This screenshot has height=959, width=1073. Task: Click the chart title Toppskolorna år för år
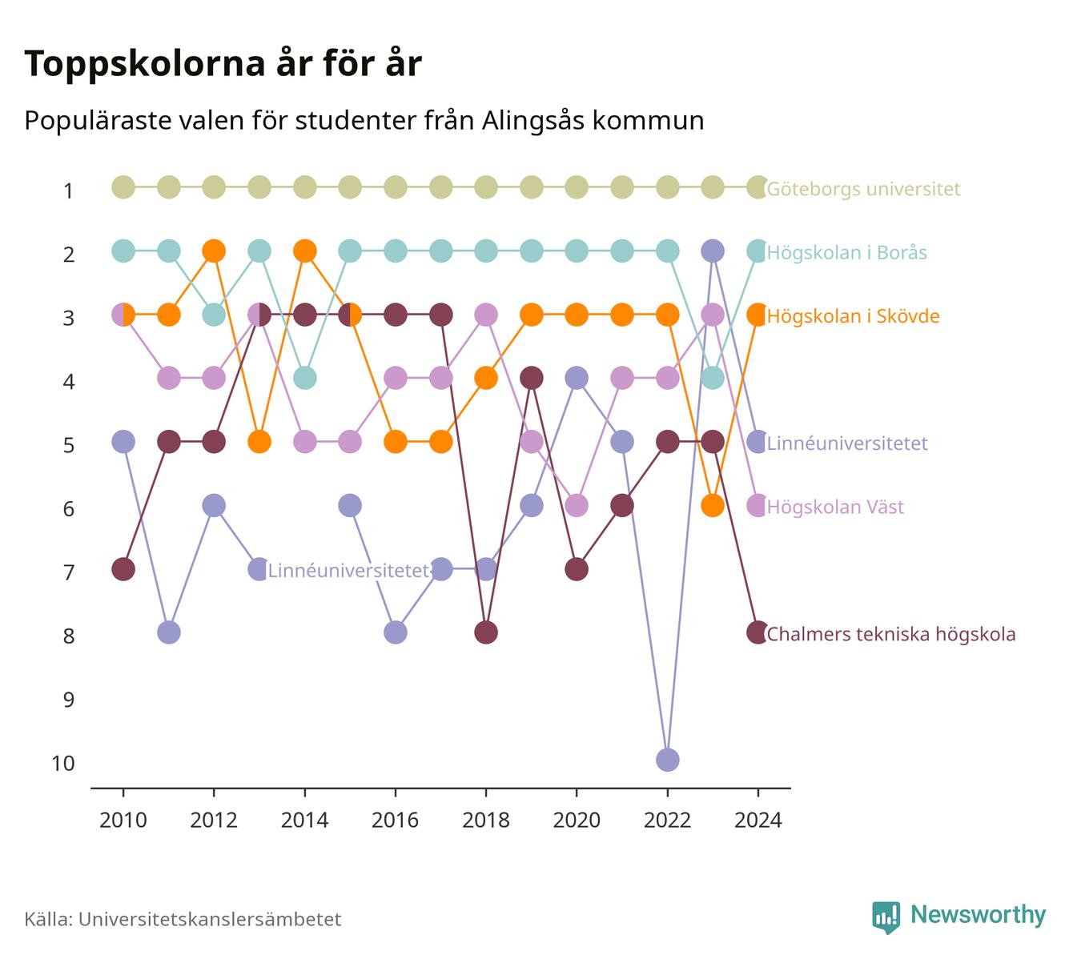pos(223,64)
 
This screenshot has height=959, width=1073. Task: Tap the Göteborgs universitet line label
pos(863,189)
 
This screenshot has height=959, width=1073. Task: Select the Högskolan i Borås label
pos(847,253)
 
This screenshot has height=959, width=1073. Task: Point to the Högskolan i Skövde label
pos(854,316)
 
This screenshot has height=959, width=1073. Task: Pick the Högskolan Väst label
pos(835,508)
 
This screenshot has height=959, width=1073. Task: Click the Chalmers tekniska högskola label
pos(890,634)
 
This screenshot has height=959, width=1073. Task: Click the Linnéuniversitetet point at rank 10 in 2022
pos(667,760)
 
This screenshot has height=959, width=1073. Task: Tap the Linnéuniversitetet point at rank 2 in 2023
pos(713,251)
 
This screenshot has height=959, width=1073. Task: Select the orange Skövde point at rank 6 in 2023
pos(713,506)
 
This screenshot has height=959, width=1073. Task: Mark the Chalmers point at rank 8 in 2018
pos(486,633)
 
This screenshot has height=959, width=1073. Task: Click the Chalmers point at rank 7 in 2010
pos(123,569)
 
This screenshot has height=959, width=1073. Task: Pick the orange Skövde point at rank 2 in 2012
pos(214,251)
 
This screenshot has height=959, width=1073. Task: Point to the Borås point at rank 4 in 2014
pos(304,378)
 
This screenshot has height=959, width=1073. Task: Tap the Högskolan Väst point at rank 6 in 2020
pos(577,506)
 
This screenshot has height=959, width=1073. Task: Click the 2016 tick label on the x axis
pos(395,821)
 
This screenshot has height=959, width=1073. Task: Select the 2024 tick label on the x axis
pos(758,821)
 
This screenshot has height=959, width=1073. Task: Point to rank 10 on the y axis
pos(63,764)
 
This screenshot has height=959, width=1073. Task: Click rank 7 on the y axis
pos(69,572)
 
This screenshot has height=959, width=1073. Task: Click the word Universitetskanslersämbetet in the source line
pos(210,920)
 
